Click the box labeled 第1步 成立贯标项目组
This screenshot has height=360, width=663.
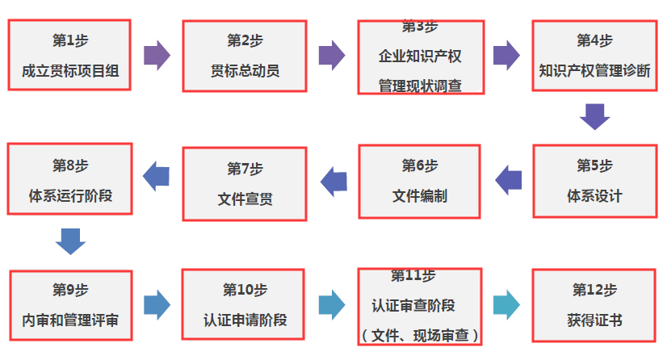[x=69, y=55]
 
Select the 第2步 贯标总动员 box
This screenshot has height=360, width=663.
[x=245, y=56]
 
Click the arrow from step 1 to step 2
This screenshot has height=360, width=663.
[x=157, y=55]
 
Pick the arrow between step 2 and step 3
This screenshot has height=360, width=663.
[x=331, y=55]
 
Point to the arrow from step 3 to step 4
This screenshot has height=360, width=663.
[x=506, y=55]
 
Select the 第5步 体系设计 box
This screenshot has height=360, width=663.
[x=594, y=181]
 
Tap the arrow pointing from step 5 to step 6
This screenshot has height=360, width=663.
[x=508, y=180]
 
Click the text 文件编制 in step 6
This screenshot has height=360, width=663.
[x=420, y=196]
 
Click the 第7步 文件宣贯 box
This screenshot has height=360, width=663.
[x=245, y=183]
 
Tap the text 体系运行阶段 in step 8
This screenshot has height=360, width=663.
[x=70, y=195]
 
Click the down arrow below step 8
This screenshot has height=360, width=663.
[x=70, y=241]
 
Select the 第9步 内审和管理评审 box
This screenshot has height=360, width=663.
[x=70, y=305]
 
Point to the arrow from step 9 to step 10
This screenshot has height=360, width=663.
[x=157, y=304]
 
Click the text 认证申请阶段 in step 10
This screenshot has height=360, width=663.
[x=245, y=320]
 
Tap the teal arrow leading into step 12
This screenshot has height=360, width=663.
[x=506, y=304]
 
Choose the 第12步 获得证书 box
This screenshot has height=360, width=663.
[x=594, y=305]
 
